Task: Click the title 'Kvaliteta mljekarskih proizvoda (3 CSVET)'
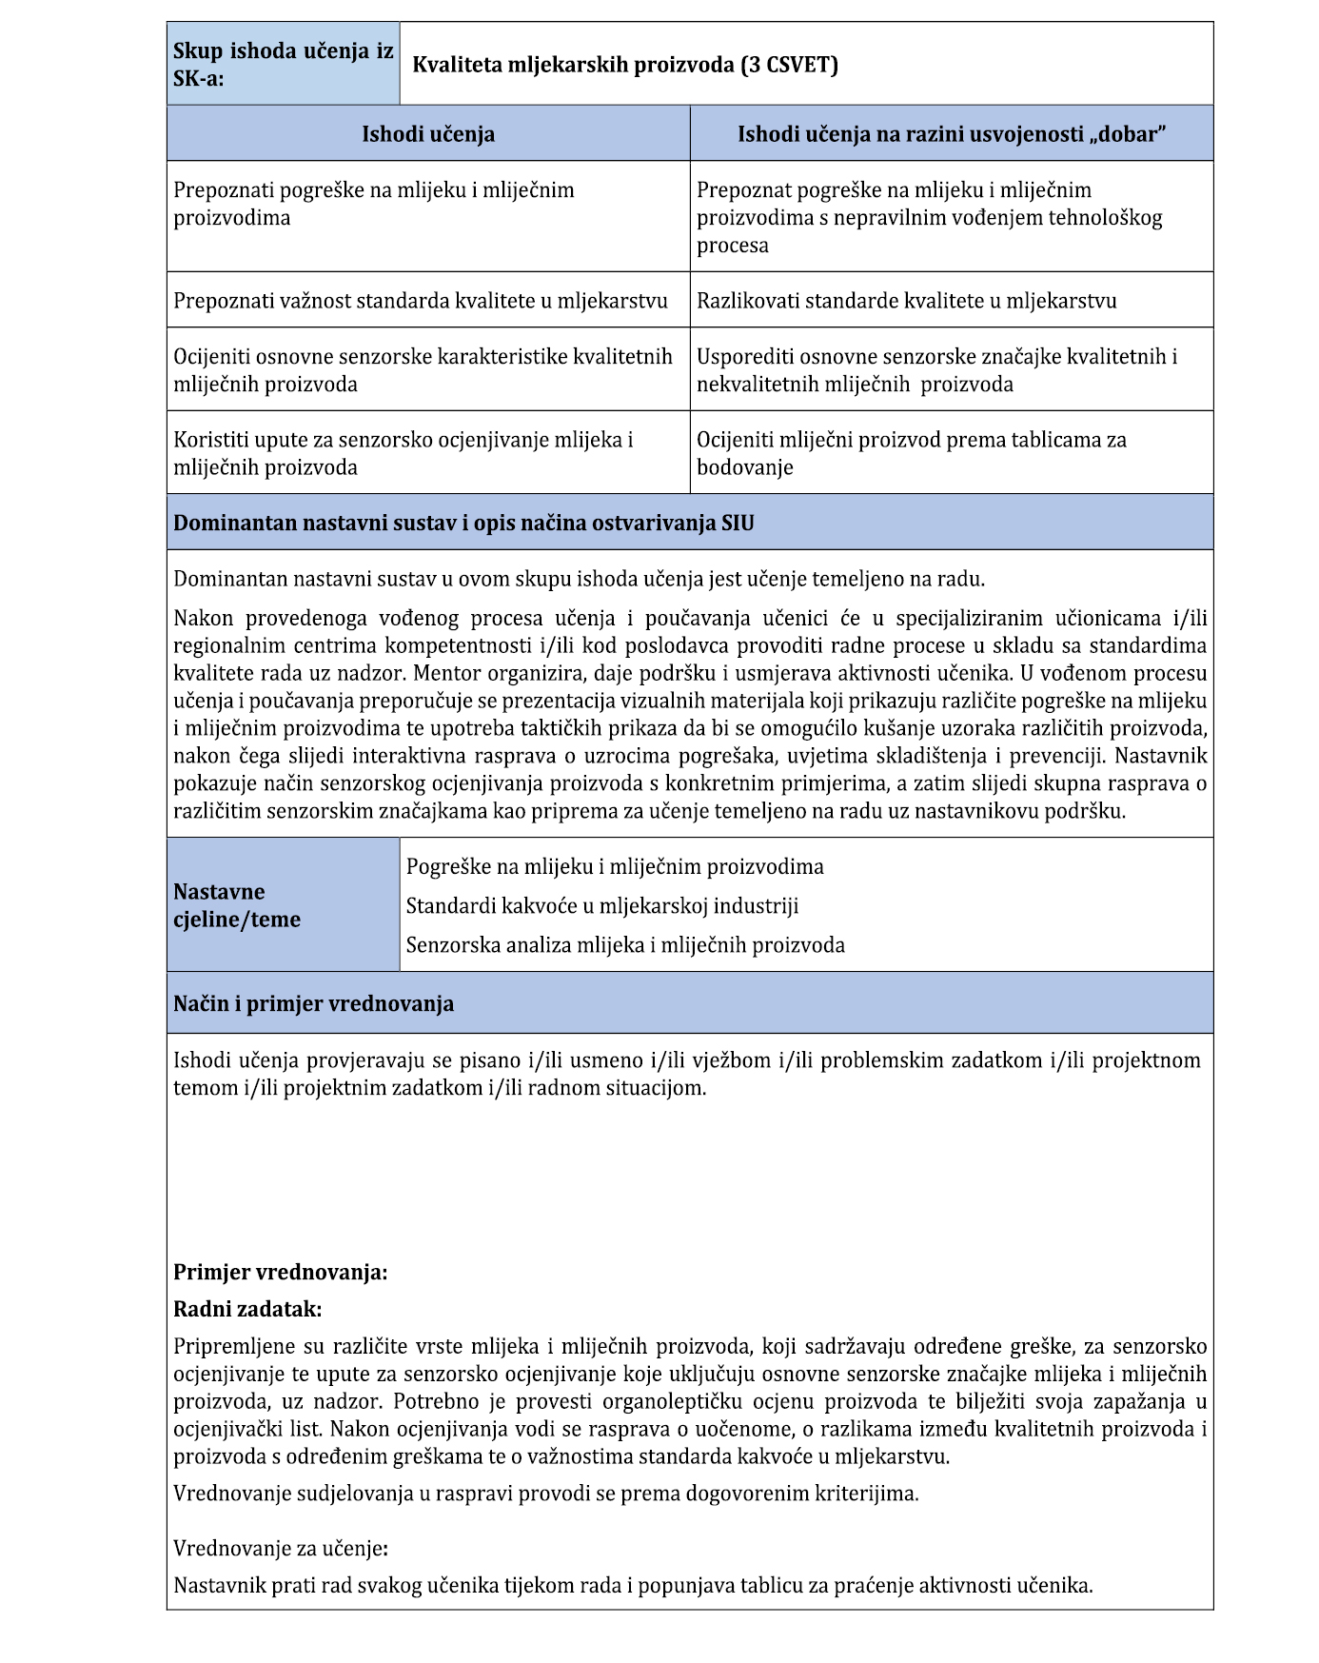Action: pos(624,65)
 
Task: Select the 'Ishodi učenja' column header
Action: pos(428,134)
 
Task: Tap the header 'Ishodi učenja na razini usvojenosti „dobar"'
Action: pos(952,134)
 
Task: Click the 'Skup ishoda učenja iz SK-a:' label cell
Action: pos(283,65)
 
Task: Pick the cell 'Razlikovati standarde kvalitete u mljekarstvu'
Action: pos(906,301)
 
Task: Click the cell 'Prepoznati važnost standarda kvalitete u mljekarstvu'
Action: pos(421,301)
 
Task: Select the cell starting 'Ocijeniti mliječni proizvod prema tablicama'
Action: pos(911,453)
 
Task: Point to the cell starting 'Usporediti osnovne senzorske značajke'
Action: pos(936,370)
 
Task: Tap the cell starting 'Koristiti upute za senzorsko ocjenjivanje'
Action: pos(404,453)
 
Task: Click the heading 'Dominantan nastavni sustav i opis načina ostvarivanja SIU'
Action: pos(463,523)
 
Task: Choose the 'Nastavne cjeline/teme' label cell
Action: pos(237,905)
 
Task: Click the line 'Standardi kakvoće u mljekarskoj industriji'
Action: pos(602,905)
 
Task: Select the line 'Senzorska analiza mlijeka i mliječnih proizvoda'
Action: pos(625,945)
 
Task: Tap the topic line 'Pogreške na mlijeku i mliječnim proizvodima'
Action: pos(615,867)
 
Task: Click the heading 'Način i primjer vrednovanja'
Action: pos(313,1003)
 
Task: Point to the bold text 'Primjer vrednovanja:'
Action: pos(280,1272)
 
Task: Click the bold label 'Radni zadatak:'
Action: pos(247,1309)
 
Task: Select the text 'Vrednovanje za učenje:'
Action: pos(280,1549)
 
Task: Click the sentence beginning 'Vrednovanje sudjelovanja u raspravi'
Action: pos(546,1493)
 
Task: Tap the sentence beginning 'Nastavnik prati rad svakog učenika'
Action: pos(633,1586)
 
